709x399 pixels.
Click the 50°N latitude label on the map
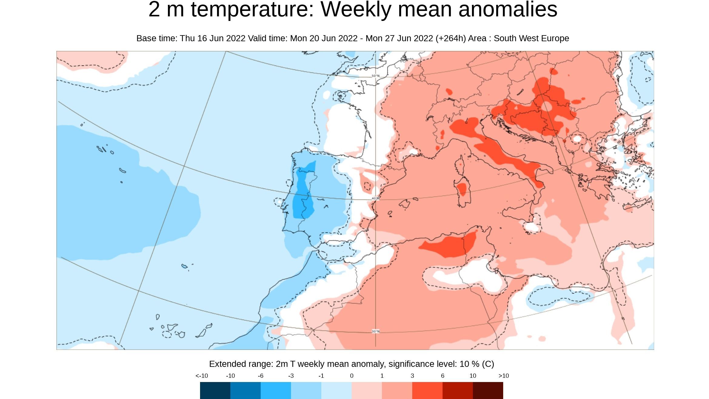click(x=375, y=76)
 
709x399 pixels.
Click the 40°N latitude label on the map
click(x=375, y=199)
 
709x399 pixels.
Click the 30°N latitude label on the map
click(x=375, y=331)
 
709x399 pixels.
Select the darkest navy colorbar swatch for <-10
click(x=215, y=391)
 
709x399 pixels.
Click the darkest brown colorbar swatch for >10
click(x=488, y=391)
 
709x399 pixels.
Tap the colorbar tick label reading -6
click(x=260, y=376)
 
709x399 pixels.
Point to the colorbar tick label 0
click(x=352, y=376)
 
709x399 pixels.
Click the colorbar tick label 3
click(x=412, y=376)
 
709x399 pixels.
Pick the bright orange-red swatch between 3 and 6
click(x=427, y=391)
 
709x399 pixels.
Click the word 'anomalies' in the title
click(x=508, y=10)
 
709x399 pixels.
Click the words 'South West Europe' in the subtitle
click(x=531, y=39)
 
